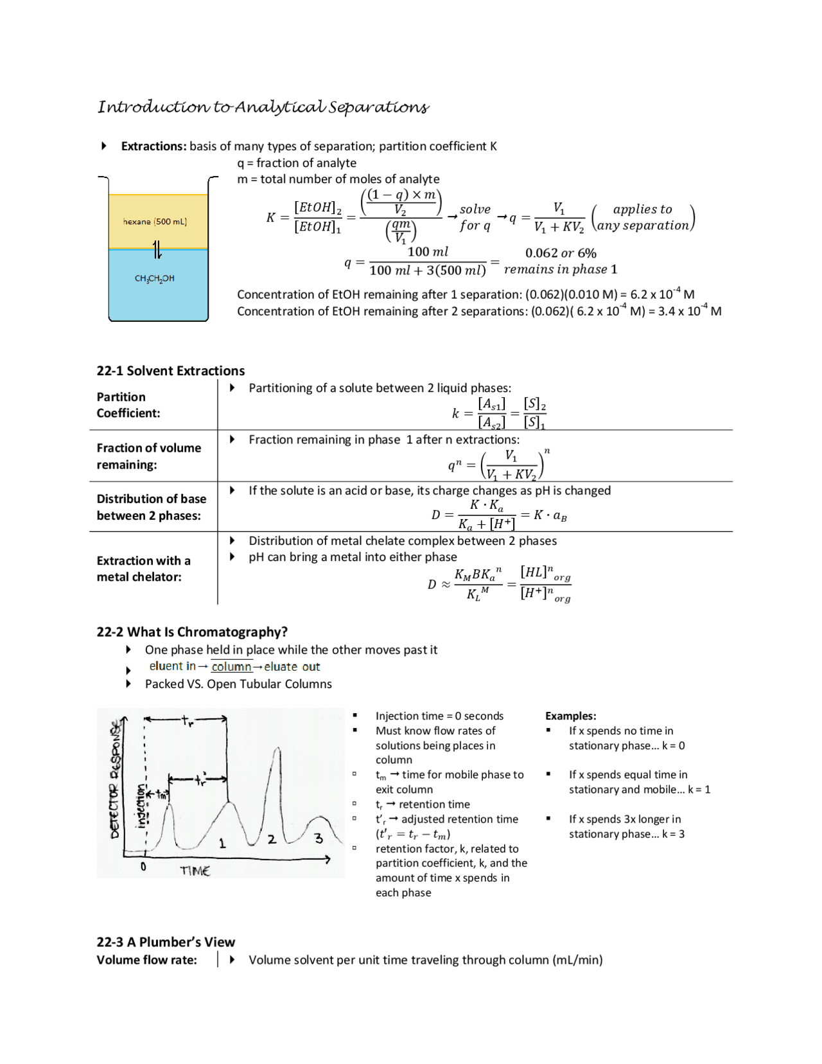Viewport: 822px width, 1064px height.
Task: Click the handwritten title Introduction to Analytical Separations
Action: (x=263, y=107)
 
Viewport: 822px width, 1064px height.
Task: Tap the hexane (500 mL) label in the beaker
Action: (x=155, y=222)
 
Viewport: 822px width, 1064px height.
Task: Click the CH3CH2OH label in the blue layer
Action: (x=154, y=278)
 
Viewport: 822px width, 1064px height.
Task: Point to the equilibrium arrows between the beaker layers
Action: (x=157, y=249)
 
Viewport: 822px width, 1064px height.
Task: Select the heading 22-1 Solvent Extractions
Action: (x=170, y=371)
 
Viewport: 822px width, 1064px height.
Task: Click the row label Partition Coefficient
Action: (x=128, y=405)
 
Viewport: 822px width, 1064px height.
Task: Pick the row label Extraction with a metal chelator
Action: (x=143, y=569)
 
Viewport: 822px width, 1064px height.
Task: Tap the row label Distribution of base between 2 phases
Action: (x=151, y=507)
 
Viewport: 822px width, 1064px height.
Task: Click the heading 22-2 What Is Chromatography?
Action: (x=191, y=632)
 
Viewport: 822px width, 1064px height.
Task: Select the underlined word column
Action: (x=231, y=667)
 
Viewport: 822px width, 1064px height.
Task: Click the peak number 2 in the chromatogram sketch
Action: (x=272, y=839)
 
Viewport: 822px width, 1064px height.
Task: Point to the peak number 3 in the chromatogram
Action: (x=319, y=838)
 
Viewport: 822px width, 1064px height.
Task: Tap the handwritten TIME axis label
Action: (x=195, y=871)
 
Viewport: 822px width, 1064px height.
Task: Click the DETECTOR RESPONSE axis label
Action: (x=115, y=779)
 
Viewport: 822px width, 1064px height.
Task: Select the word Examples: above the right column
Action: (x=570, y=716)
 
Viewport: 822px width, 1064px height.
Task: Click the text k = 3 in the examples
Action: (x=673, y=834)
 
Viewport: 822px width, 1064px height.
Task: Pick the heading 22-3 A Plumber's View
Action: (x=166, y=942)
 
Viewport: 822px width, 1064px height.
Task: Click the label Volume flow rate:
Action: (x=146, y=960)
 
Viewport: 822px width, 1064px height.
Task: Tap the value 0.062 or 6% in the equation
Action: (x=560, y=253)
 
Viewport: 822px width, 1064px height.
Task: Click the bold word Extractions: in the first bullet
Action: (x=153, y=146)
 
